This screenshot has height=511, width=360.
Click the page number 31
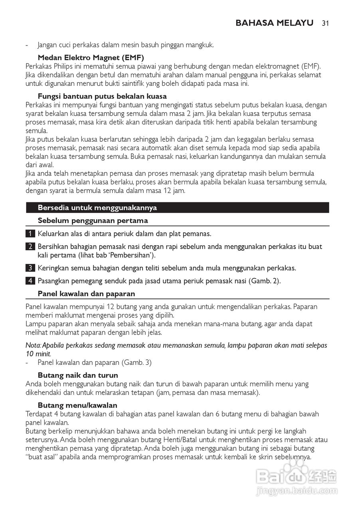(x=325, y=23)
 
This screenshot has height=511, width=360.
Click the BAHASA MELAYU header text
(x=274, y=23)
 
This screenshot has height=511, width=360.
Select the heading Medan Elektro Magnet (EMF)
(x=91, y=57)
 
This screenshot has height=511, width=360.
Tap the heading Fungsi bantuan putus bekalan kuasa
(x=102, y=96)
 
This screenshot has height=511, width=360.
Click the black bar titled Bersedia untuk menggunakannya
(x=177, y=208)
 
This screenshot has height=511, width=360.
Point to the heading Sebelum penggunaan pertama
(x=93, y=220)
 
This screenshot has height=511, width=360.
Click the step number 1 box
(x=30, y=234)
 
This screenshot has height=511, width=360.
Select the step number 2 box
(x=30, y=247)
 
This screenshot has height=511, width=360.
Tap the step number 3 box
(x=30, y=267)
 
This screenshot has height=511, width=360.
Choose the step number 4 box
(x=30, y=281)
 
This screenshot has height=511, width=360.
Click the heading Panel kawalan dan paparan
(x=86, y=294)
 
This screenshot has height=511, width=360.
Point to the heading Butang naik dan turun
(x=78, y=375)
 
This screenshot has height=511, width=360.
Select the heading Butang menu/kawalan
(x=77, y=405)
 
